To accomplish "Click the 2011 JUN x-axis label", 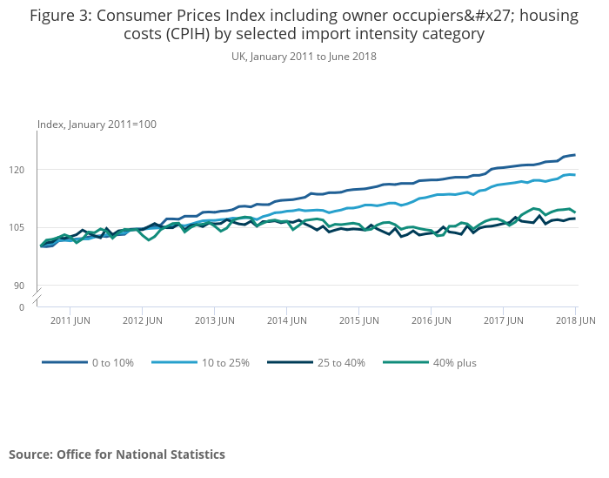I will click(71, 320).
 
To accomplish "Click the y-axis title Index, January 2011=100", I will click(97, 125).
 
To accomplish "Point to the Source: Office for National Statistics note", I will click(117, 454).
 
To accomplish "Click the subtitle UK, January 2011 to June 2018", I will click(304, 57).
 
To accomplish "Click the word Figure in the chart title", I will click(54, 15).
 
